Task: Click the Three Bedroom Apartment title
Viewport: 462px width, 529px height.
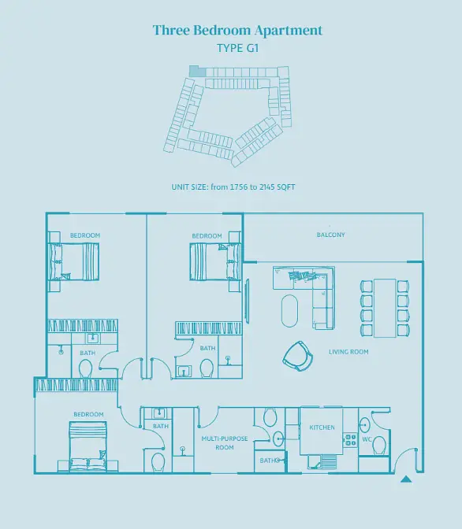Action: coord(237,31)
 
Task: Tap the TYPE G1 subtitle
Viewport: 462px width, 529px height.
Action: coord(238,48)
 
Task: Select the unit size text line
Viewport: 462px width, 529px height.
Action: coord(233,187)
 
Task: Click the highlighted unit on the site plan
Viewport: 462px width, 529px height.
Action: coord(197,71)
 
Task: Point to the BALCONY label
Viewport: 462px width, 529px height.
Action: coord(331,235)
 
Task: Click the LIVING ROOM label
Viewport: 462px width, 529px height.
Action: coord(348,352)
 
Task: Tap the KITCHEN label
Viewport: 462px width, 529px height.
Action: coord(322,427)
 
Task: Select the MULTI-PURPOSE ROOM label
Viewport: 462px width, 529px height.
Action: coord(225,443)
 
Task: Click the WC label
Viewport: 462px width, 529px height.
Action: coord(367,439)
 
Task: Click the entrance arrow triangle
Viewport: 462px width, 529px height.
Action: coord(406,479)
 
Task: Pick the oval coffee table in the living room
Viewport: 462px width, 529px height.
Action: coord(289,311)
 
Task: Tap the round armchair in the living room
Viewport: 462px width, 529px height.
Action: coord(298,356)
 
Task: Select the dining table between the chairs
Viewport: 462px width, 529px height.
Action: coord(385,308)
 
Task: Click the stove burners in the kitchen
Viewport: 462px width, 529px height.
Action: coord(350,440)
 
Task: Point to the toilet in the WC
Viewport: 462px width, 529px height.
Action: coord(379,446)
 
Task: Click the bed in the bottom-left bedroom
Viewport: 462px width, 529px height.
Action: coord(88,446)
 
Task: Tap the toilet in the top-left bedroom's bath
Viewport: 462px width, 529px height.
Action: coord(85,368)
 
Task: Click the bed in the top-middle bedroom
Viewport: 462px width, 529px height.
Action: coord(215,262)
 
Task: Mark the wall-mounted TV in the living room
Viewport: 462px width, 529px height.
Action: coord(247,301)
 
